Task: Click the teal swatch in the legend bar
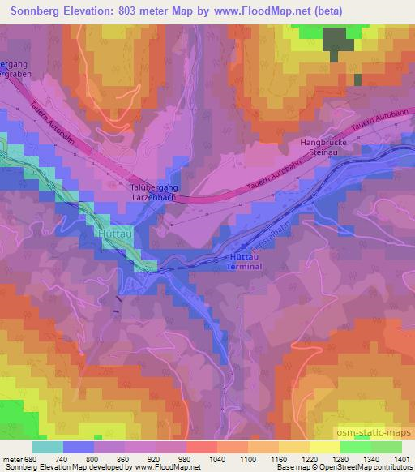pyautogui.click(x=48, y=446)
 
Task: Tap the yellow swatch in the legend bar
pyautogui.click(x=324, y=446)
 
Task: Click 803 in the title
pyautogui.click(x=131, y=11)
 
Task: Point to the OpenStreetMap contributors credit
pyautogui.click(x=368, y=467)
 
